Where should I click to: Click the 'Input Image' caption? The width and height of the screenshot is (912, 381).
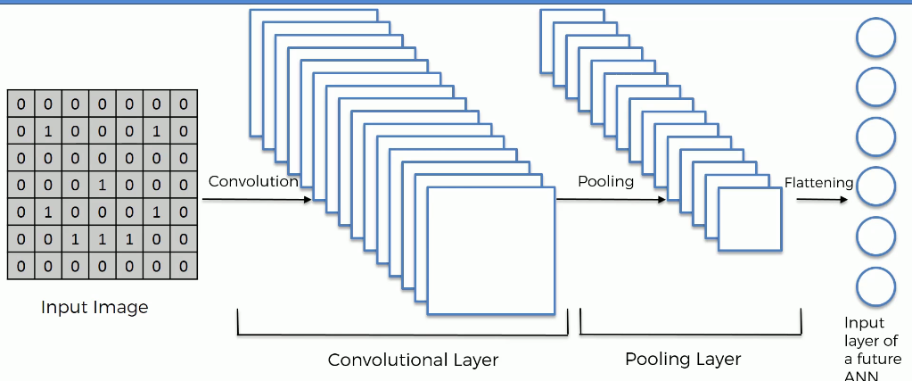[94, 307]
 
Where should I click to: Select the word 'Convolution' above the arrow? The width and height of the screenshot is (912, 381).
[253, 182]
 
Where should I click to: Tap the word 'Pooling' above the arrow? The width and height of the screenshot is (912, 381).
[605, 182]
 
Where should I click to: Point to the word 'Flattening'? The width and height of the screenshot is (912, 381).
[819, 183]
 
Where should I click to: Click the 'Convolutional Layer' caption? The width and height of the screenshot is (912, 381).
[413, 360]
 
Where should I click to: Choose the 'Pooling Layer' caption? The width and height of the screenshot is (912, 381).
[684, 359]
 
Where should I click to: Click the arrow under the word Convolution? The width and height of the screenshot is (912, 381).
[257, 200]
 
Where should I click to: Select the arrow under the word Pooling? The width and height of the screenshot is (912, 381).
[612, 200]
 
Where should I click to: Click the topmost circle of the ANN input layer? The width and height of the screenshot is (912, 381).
[875, 37]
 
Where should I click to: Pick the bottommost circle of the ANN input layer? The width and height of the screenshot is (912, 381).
[875, 286]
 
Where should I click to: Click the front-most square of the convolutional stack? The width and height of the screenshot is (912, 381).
[491, 251]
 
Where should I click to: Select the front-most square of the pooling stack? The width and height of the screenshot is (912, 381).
[749, 219]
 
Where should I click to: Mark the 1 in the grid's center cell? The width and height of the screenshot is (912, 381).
[102, 186]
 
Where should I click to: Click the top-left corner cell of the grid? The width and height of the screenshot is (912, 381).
[21, 104]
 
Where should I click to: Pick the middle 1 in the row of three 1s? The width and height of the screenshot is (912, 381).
[102, 239]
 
